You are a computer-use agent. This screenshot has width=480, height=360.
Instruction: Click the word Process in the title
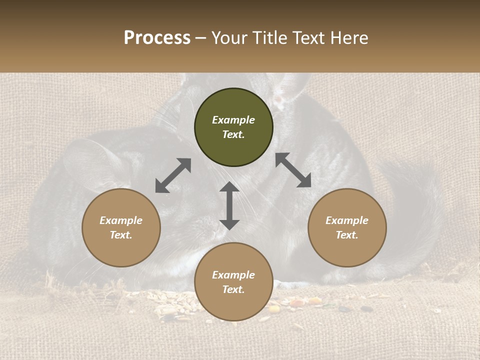(x=157, y=38)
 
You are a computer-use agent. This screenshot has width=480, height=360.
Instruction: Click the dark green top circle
(x=233, y=127)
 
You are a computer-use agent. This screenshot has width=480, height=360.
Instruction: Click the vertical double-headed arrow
(x=229, y=205)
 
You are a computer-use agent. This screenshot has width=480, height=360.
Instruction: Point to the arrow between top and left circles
(x=173, y=175)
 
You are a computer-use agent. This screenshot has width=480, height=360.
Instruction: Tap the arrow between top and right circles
(x=293, y=170)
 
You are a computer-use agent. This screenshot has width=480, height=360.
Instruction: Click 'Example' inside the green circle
(x=233, y=120)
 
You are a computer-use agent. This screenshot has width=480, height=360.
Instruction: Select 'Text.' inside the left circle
(x=121, y=235)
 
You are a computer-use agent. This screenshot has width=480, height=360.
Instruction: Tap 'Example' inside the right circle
(x=347, y=220)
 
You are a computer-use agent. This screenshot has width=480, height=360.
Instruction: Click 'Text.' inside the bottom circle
(x=233, y=289)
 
